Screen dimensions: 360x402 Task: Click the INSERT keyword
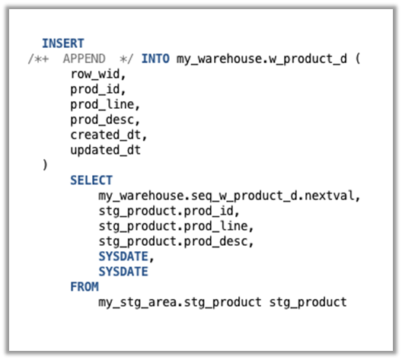[x=63, y=43]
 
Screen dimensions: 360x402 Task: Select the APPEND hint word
[x=85, y=59]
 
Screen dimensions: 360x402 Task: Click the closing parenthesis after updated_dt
[x=46, y=165]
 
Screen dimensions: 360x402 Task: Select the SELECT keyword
[x=91, y=180]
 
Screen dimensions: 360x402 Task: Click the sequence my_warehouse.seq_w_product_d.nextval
[x=225, y=196]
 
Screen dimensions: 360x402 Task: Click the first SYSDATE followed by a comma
[x=123, y=256]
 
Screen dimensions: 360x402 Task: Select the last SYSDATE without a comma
[x=123, y=272]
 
